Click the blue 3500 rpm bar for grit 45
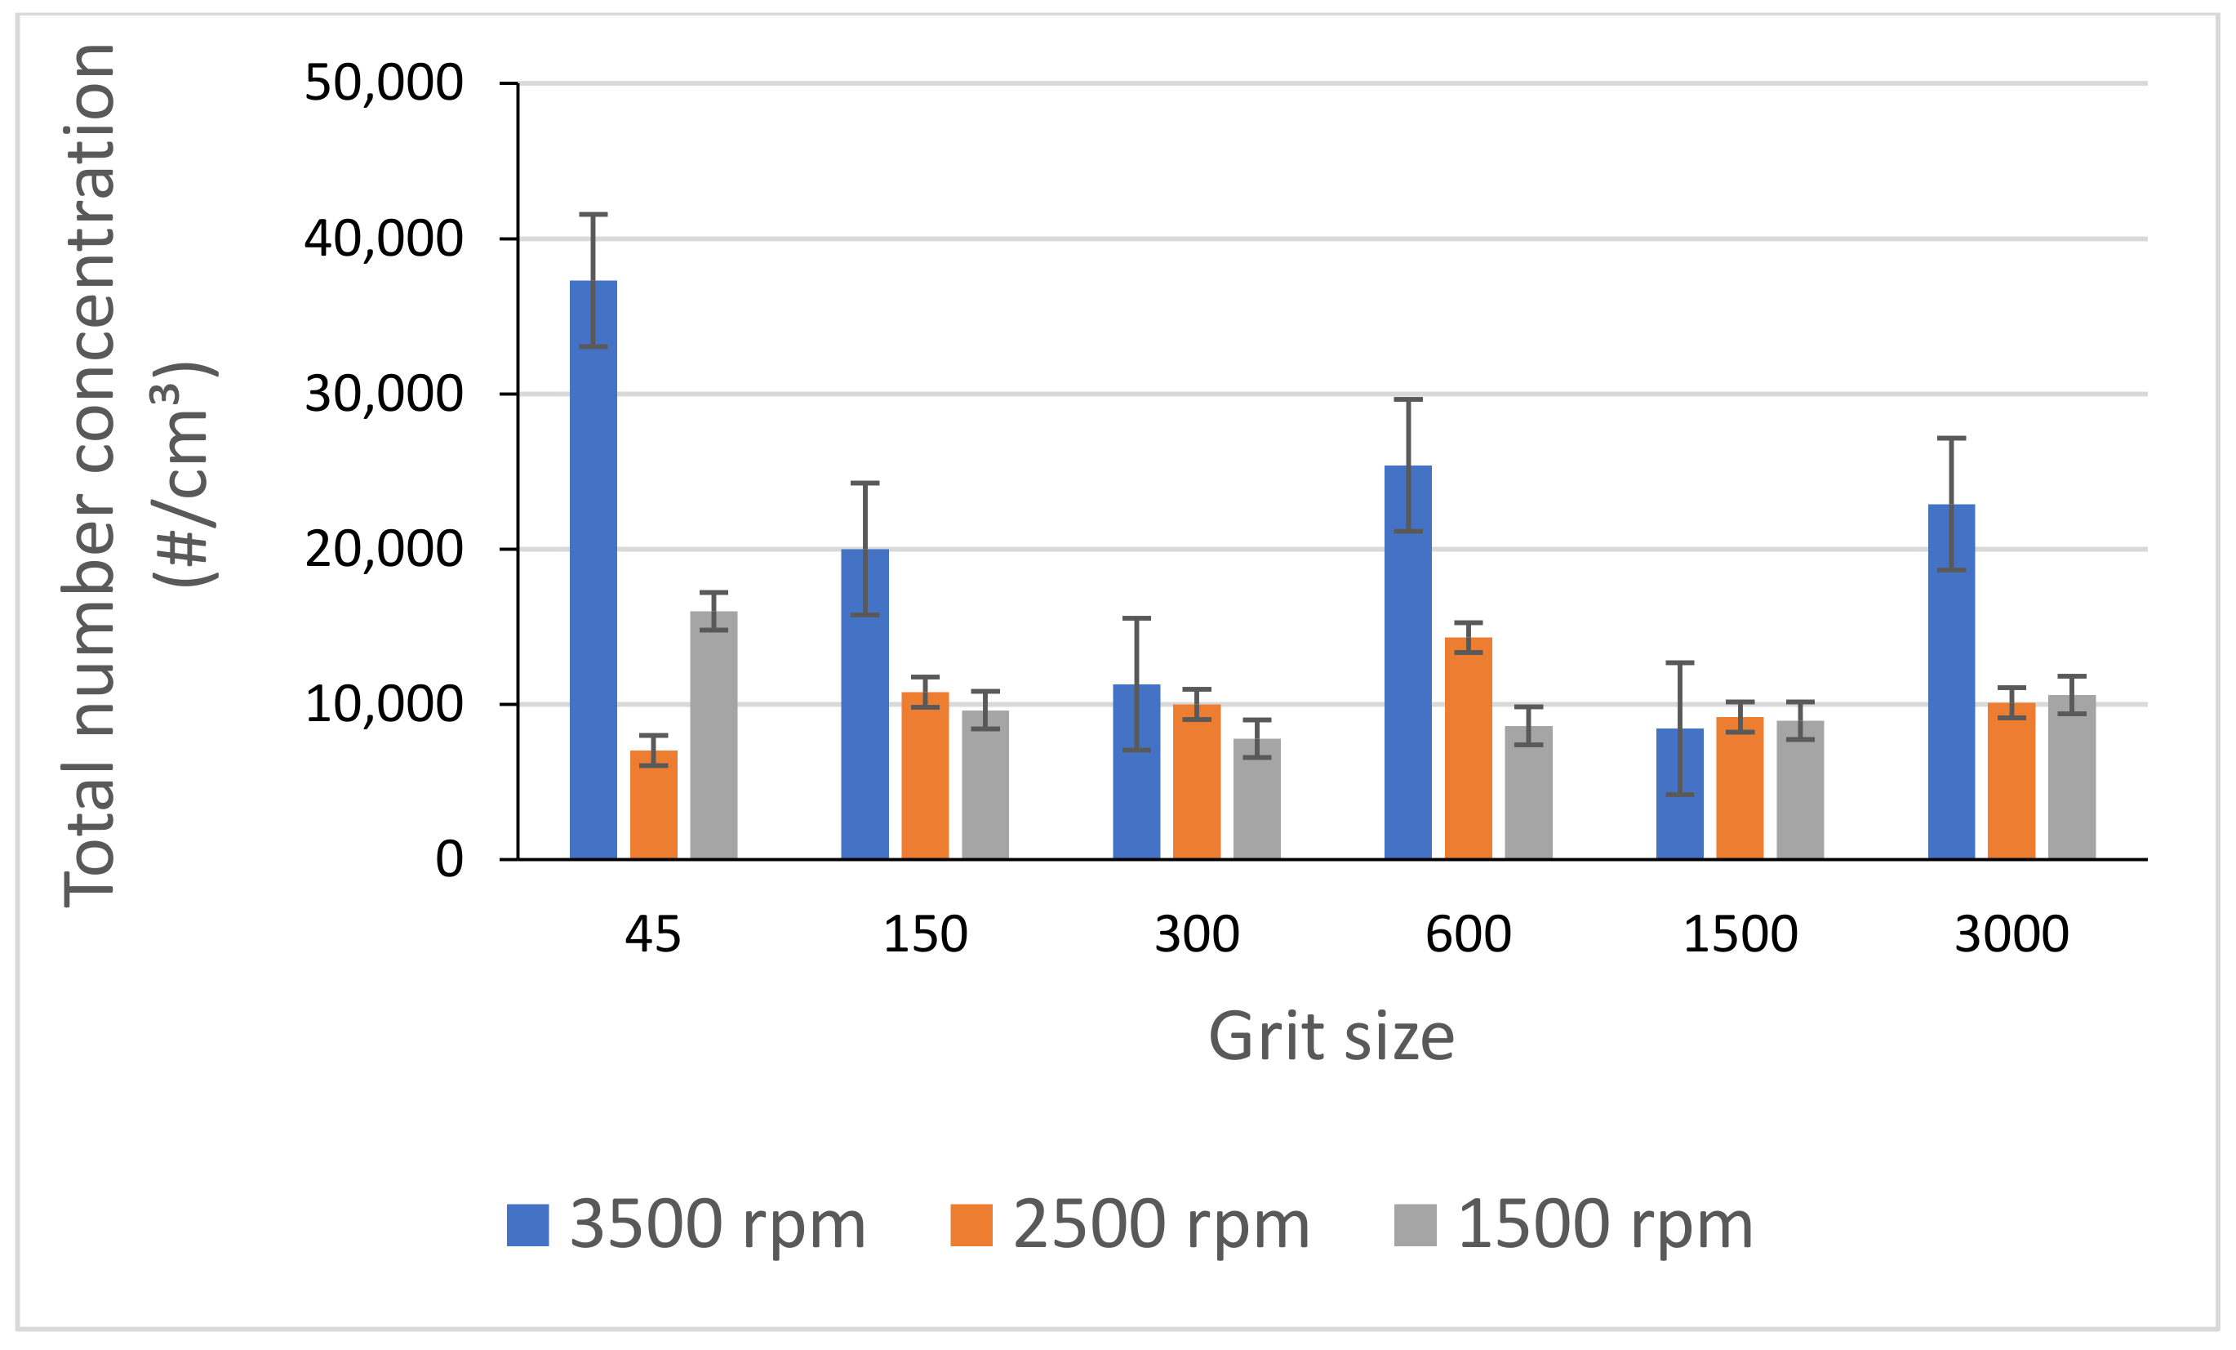coord(593,581)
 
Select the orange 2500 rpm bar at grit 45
coord(653,808)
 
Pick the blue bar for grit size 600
coord(1407,672)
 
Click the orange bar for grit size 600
coord(1467,754)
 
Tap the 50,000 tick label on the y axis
coord(383,83)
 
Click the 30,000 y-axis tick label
coord(383,394)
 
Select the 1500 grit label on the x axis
coord(1740,934)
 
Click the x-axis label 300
coord(1196,934)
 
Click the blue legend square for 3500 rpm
coord(527,1225)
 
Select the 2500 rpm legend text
coord(1161,1225)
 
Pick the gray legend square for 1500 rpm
coord(1415,1225)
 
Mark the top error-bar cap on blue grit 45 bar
coord(593,214)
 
